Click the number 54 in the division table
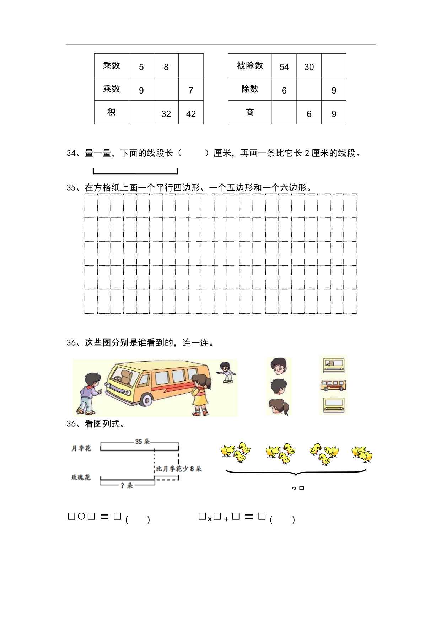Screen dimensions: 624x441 [284, 67]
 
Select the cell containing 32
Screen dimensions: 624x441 [166, 114]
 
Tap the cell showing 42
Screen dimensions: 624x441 [191, 114]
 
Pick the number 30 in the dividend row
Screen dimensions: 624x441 [309, 67]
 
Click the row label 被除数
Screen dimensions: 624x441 [250, 65]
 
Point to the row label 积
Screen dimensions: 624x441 [111, 112]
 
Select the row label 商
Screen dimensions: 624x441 [250, 112]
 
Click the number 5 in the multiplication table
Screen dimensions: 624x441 [141, 67]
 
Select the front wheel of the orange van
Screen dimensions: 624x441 [146, 400]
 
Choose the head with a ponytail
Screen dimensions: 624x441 [279, 407]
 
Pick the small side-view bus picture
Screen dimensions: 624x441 [333, 385]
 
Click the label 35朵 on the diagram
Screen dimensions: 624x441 [142, 442]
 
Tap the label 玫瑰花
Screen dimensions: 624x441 [81, 477]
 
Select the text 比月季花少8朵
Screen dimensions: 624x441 [179, 469]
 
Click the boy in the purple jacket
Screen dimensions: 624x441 [90, 393]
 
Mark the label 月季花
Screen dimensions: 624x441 [81, 448]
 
